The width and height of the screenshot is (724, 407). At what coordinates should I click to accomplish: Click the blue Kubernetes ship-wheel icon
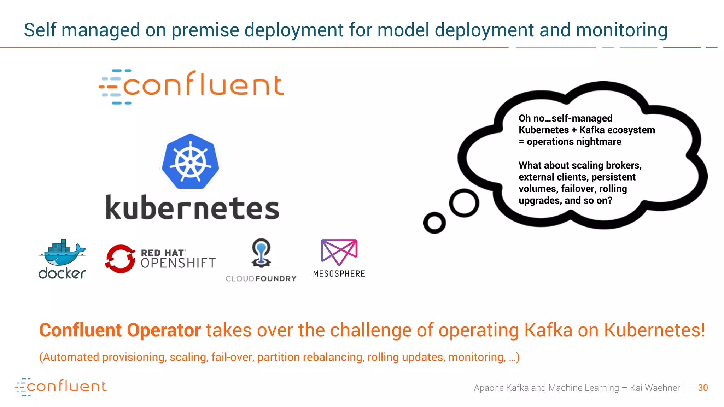(191, 162)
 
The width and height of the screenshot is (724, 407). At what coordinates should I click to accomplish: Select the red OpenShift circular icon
(120, 259)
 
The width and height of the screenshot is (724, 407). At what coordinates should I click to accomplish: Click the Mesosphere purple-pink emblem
(339, 252)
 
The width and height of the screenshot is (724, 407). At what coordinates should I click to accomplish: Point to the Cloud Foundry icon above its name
(261, 253)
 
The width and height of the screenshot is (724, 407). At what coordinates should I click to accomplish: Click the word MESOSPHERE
(339, 274)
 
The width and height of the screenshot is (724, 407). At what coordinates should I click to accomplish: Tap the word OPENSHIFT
(178, 263)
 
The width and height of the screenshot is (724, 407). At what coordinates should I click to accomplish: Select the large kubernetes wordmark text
(193, 208)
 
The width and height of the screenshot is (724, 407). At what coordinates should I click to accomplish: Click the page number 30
(703, 388)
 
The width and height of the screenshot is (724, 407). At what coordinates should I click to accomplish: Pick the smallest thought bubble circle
(434, 223)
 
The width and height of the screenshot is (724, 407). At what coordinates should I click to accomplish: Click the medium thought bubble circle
(464, 203)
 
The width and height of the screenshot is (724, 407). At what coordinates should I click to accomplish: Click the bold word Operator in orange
(164, 330)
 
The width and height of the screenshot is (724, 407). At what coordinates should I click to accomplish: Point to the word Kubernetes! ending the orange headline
(654, 330)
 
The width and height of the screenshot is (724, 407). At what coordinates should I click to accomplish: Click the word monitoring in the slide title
(621, 30)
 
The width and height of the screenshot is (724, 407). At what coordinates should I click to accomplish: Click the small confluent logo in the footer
(61, 387)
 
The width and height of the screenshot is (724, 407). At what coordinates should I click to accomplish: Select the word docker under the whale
(62, 273)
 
